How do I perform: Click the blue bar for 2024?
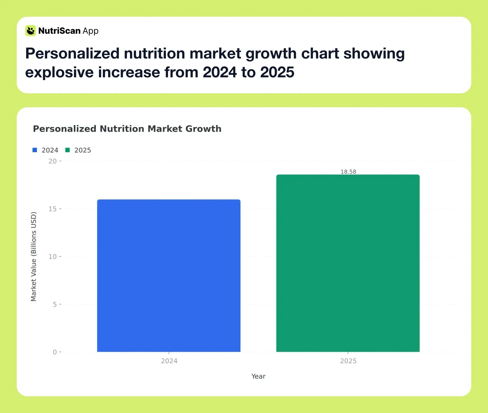point(169,275)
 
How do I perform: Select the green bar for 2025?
point(348,263)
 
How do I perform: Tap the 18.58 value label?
point(348,172)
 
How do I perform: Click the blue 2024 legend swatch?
point(35,150)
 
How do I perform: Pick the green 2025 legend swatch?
point(68,150)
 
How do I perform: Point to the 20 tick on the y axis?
point(53,161)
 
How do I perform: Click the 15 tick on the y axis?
point(53,209)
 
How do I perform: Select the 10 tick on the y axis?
point(53,257)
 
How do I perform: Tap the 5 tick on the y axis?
point(55,304)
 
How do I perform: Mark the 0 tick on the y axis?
point(55,352)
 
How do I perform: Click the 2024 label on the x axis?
point(169,361)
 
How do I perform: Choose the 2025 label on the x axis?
point(348,361)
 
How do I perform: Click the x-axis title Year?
point(258,376)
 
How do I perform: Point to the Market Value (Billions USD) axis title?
point(33,257)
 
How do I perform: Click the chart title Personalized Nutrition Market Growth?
point(127,129)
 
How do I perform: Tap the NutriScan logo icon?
point(31,31)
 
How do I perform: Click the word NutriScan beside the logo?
point(59,31)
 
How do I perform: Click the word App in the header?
point(91,31)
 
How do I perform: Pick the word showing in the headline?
point(374,54)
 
